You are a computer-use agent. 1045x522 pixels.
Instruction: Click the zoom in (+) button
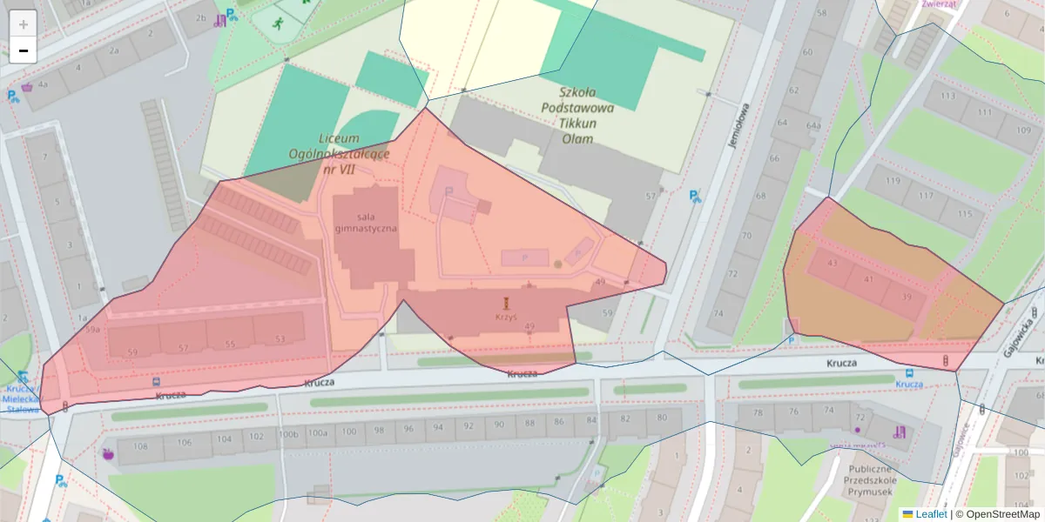tap(24, 24)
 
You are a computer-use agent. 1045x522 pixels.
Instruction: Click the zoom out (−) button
tap(24, 50)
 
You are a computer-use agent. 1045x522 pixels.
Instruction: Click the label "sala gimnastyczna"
tap(366, 222)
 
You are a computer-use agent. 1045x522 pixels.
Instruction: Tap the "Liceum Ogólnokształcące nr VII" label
tap(340, 154)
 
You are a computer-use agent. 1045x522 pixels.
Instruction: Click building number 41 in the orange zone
tap(868, 279)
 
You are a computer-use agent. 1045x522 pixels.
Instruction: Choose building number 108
tap(140, 446)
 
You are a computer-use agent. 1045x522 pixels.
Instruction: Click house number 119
tap(893, 181)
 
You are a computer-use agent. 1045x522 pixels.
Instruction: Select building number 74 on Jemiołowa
tap(718, 313)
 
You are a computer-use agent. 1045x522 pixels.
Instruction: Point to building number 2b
tap(201, 17)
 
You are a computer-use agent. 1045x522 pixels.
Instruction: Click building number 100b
tap(288, 433)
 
